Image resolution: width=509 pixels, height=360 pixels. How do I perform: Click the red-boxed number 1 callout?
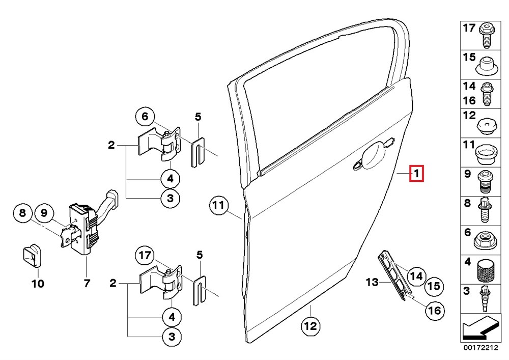pos(416,174)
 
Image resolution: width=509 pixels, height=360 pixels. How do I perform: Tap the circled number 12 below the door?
pos(310,325)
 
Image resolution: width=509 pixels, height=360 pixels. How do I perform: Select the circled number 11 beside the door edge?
pos(218,206)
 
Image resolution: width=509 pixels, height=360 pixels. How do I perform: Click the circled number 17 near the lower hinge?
pos(145,255)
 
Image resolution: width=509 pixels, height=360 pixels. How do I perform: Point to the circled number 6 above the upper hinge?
pos(145,117)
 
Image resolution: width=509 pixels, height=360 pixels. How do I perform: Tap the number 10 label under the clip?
pos(39,283)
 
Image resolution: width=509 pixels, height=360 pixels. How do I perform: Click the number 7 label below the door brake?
pos(87,283)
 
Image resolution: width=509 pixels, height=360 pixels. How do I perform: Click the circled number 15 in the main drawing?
pos(434,287)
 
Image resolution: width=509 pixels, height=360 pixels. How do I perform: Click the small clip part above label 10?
pos(32,254)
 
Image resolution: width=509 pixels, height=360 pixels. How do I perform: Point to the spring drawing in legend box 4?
pos(486,270)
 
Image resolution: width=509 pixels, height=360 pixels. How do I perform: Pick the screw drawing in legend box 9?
pos(486,181)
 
